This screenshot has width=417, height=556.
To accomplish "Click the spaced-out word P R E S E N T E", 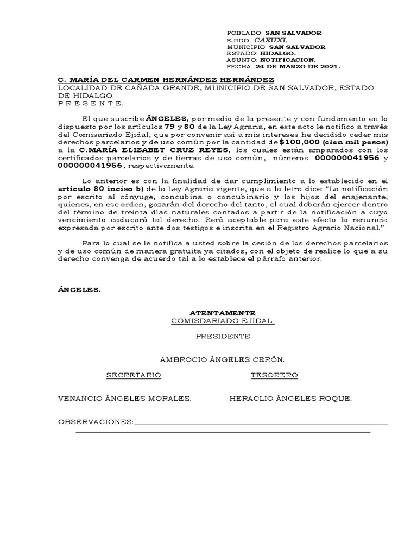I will pyautogui.click(x=90, y=103).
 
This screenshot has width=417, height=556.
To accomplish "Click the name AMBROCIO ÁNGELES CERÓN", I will pyautogui.click(x=222, y=359).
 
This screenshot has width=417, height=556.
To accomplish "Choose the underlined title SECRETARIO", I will pyautogui.click(x=134, y=375).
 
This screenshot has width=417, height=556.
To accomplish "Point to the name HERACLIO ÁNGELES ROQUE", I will pyautogui.click(x=290, y=399).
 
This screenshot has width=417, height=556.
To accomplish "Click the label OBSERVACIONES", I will pyautogui.click(x=96, y=422).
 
